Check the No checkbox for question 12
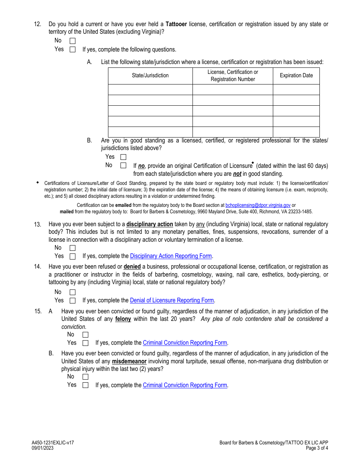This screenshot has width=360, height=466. click(x=72, y=41)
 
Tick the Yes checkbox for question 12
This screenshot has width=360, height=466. click(x=72, y=49)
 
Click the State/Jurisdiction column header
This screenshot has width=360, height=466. click(x=150, y=75)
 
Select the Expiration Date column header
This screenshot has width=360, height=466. click(x=296, y=75)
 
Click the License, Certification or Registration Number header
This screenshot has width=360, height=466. click(x=233, y=75)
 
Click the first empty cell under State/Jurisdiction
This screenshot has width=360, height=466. click(x=150, y=89)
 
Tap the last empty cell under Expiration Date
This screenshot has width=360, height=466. click(x=296, y=132)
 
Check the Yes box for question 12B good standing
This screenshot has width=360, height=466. click(x=123, y=157)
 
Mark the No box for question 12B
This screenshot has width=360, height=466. click(x=123, y=166)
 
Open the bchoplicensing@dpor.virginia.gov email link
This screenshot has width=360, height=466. click(x=258, y=205)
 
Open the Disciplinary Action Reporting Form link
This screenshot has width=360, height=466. click(x=171, y=256)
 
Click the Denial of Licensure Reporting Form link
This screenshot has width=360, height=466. click(x=172, y=300)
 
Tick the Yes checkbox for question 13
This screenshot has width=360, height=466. click(x=72, y=256)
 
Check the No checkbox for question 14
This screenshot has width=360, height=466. click(x=72, y=292)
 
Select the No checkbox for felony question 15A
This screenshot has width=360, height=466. click(x=85, y=335)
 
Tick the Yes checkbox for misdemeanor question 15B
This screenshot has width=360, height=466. click(x=85, y=385)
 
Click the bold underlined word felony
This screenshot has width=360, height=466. click(x=123, y=319)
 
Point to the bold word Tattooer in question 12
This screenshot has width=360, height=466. click(x=176, y=24)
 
